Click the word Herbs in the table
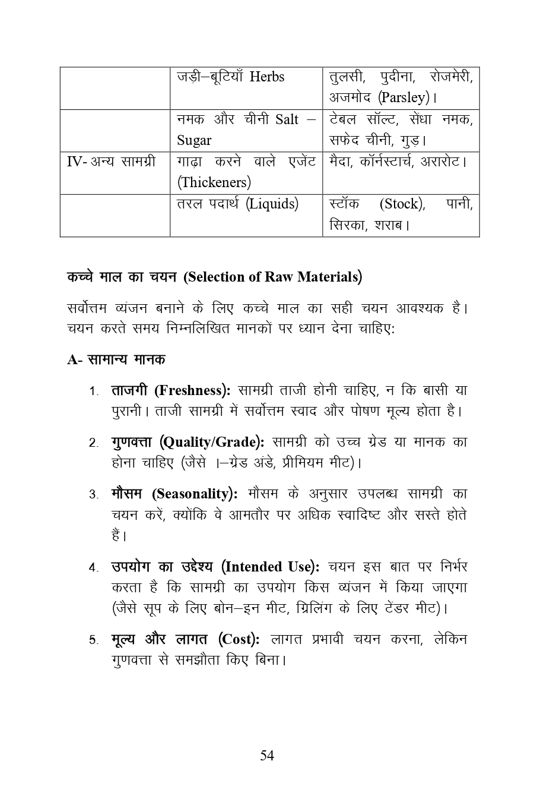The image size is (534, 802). click(x=266, y=77)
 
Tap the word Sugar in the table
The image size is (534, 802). click(x=194, y=141)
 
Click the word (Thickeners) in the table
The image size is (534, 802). click(x=214, y=182)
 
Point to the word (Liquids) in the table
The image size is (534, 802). click(x=272, y=204)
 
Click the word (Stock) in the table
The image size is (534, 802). click(x=402, y=204)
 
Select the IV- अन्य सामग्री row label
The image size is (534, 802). click(x=111, y=162)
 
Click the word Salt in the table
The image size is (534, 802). click(x=287, y=119)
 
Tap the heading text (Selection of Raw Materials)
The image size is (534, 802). click(x=273, y=277)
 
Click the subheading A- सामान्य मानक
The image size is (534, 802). click(x=116, y=359)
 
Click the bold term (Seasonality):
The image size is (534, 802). click(x=195, y=494)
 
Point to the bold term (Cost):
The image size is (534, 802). click(x=239, y=640)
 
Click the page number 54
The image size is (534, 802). click(x=267, y=756)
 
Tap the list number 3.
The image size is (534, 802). click(x=94, y=495)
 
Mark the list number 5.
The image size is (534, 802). click(x=94, y=640)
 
